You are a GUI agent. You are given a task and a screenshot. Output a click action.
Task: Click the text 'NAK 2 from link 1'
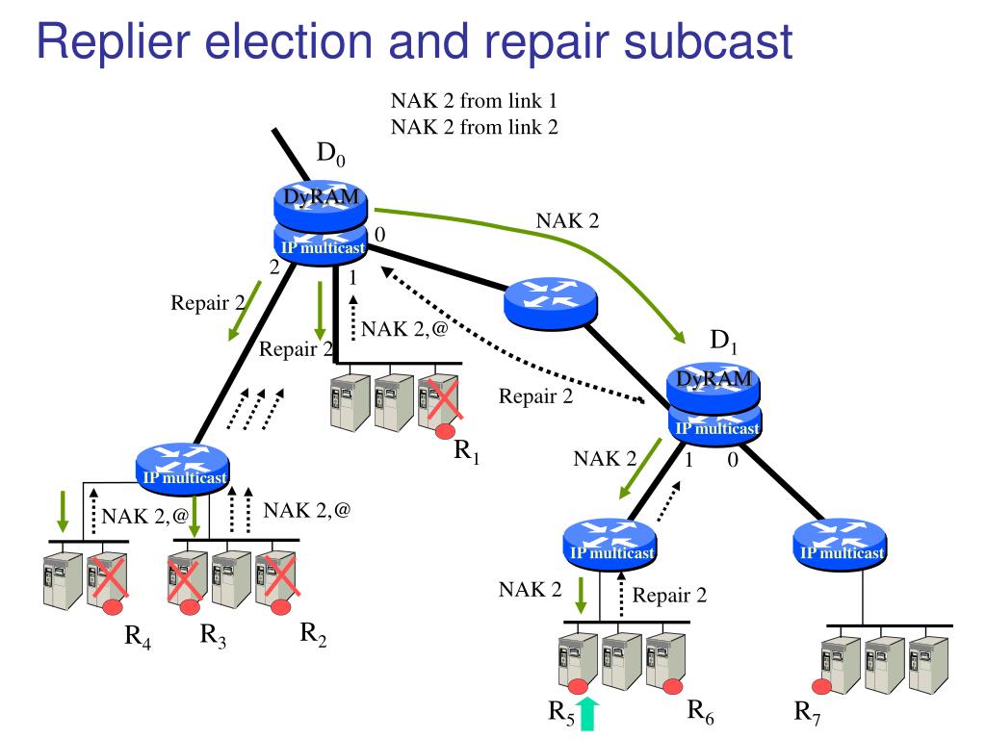(474, 100)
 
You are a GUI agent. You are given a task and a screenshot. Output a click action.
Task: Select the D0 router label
(331, 153)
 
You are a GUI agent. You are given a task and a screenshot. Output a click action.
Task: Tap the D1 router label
(723, 341)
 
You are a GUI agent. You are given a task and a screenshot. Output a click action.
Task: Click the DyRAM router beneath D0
(321, 206)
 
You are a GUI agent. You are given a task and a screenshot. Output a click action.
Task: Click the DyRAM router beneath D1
(714, 385)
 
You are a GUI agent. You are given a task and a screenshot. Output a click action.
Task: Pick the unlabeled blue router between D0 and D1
(550, 303)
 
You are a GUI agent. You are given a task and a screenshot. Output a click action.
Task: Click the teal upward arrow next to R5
(587, 714)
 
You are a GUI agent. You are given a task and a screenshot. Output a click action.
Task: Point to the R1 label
(467, 450)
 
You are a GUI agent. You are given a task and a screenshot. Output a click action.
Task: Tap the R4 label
(137, 636)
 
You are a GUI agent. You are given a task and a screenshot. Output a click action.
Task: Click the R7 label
(808, 711)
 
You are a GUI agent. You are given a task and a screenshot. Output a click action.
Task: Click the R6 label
(701, 710)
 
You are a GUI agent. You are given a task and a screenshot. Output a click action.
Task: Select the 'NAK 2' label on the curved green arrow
(567, 220)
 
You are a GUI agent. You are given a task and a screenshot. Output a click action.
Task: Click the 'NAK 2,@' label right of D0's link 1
(404, 329)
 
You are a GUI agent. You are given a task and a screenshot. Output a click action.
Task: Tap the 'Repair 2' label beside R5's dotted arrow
(669, 595)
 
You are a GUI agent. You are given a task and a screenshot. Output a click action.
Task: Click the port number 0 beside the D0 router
(379, 235)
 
